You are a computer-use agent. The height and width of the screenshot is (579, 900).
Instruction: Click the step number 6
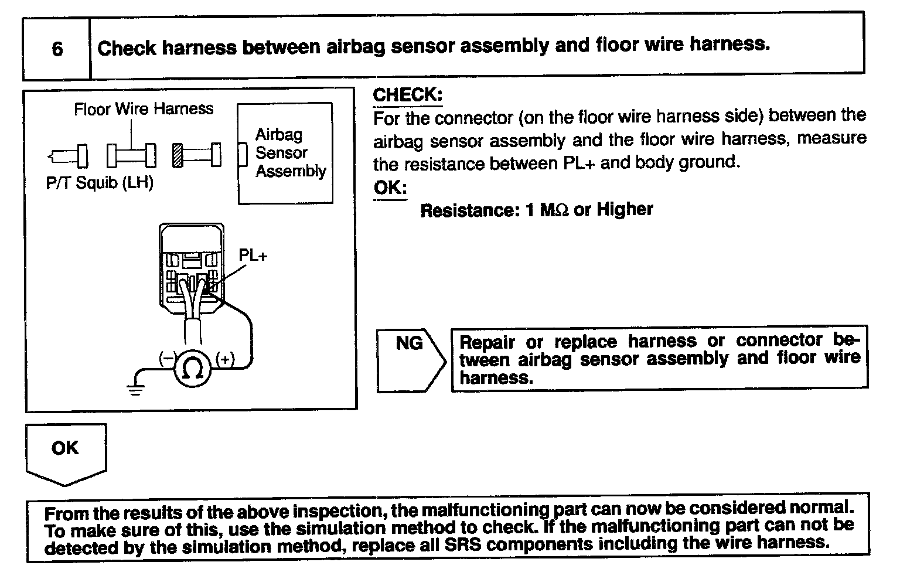pos(57,48)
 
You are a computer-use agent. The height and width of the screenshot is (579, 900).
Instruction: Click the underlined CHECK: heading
pos(407,95)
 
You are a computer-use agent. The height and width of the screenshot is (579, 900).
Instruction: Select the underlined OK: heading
pos(390,188)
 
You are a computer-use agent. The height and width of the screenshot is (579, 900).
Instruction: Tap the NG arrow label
pos(409,343)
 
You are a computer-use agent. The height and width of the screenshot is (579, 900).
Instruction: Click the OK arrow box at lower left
pos(65,449)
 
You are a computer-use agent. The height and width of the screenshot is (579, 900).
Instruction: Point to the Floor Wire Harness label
pos(144,109)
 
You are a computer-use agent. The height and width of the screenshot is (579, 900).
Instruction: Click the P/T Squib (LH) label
pos(100,183)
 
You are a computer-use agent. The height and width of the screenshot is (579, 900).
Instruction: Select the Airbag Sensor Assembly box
pos(285,153)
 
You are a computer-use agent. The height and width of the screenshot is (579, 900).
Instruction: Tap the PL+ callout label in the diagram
pos(253,256)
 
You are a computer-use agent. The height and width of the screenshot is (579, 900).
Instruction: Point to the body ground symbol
pos(136,389)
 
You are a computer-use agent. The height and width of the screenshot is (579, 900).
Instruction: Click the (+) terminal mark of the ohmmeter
pos(225,359)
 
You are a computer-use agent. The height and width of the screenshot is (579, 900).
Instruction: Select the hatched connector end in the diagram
pos(178,155)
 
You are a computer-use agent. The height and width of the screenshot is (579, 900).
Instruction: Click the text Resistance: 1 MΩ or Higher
pos(536,210)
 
